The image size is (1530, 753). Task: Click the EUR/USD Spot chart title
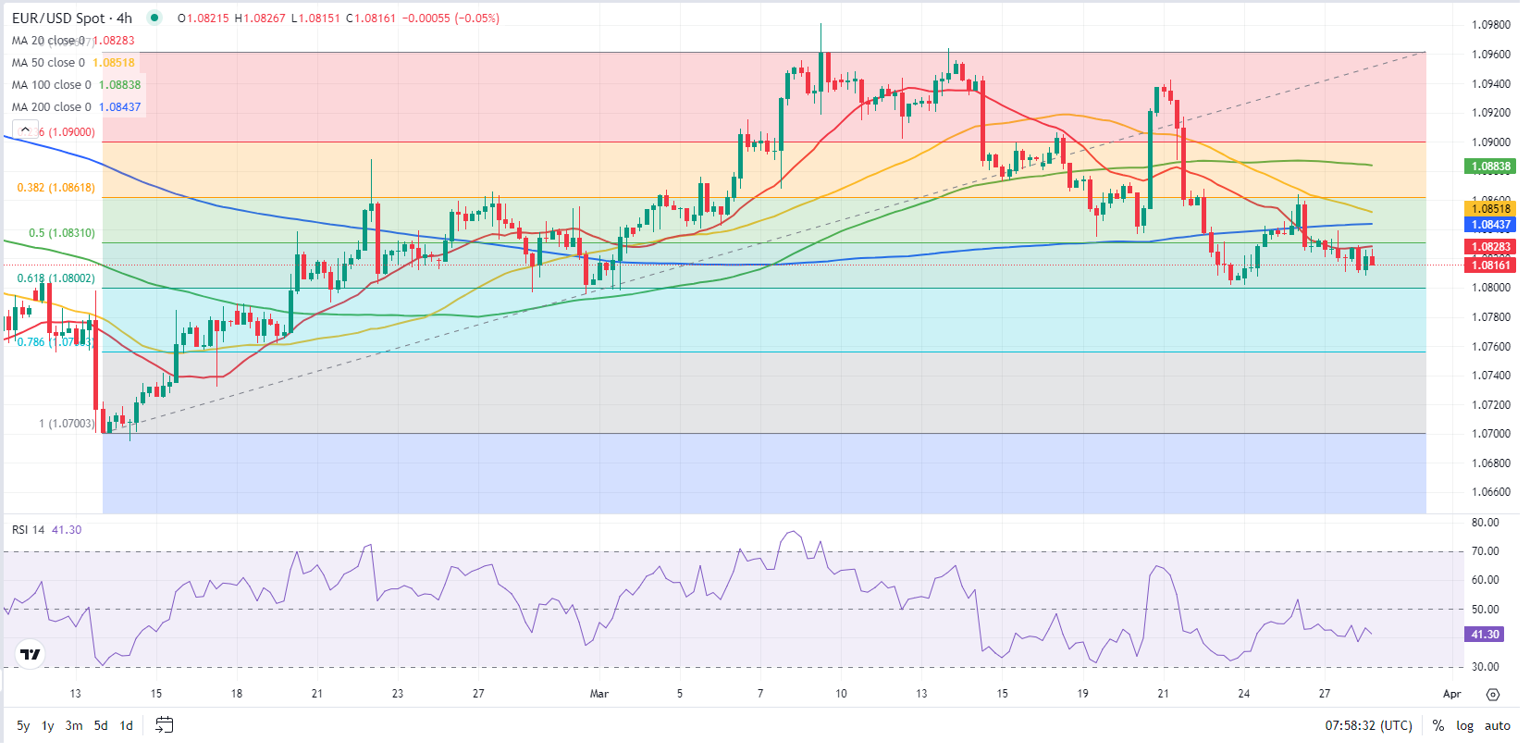coord(71,18)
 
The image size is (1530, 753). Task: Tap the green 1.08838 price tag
coord(1490,167)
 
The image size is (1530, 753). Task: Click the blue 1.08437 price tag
coord(1490,225)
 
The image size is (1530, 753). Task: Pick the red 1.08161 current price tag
coord(1490,265)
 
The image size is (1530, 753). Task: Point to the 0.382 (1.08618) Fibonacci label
coord(56,188)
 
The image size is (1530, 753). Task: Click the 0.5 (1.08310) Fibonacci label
coord(61,233)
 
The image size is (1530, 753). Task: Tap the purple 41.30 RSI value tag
coord(1485,635)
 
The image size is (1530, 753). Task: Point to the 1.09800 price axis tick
coord(1490,25)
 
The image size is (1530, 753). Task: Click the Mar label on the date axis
coord(599,694)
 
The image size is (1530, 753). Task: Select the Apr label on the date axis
coord(1452,694)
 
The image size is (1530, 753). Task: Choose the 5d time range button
coord(101,725)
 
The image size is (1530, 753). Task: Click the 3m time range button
coord(74,725)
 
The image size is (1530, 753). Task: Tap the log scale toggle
coord(1464,725)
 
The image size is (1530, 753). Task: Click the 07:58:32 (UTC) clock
coord(1368,725)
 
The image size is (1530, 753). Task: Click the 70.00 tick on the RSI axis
coord(1485,551)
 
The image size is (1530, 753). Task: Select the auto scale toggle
coord(1497,725)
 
